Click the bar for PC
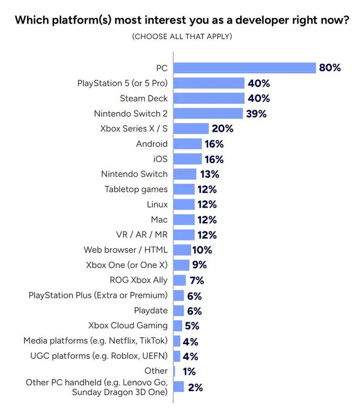click(245, 68)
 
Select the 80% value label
click(330, 68)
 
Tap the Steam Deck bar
click(209, 98)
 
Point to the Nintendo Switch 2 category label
click(131, 113)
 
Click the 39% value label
click(256, 113)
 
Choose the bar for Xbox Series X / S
click(191, 128)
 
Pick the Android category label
click(152, 143)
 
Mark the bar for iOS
click(187, 159)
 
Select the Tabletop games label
click(136, 189)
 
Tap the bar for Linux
click(184, 204)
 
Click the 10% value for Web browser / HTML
click(201, 250)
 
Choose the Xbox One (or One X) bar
click(181, 265)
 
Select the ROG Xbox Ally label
click(139, 280)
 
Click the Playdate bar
click(178, 310)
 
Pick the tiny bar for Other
click(174, 371)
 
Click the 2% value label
click(195, 387)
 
